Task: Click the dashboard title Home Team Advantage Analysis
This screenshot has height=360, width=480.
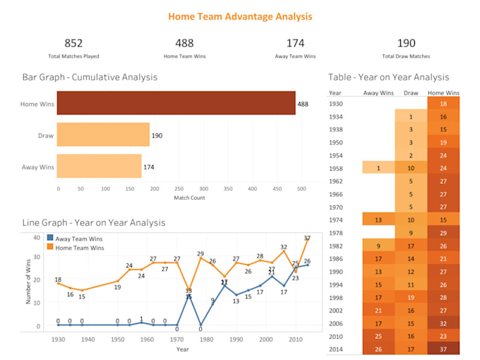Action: click(x=240, y=16)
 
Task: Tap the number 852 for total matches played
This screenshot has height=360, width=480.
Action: click(x=73, y=44)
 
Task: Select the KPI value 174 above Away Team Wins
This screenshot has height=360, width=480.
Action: click(x=295, y=44)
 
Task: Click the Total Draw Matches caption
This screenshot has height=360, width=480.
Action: click(x=407, y=55)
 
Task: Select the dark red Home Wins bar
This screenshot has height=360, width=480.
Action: click(x=176, y=103)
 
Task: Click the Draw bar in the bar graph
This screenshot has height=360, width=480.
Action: click(x=103, y=134)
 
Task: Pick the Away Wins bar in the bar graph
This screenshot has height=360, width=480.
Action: click(x=100, y=166)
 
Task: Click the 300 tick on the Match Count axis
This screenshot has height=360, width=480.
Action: click(x=204, y=189)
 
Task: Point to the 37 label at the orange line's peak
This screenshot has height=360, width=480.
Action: click(x=307, y=239)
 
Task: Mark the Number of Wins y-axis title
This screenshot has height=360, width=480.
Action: click(x=28, y=282)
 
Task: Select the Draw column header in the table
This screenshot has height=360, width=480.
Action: click(x=410, y=92)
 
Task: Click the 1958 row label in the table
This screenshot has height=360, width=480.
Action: click(x=336, y=168)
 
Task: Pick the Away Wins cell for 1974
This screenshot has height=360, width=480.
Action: click(x=379, y=220)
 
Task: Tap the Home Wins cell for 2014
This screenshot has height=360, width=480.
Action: click(x=443, y=348)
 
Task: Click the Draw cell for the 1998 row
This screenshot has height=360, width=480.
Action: click(x=410, y=297)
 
